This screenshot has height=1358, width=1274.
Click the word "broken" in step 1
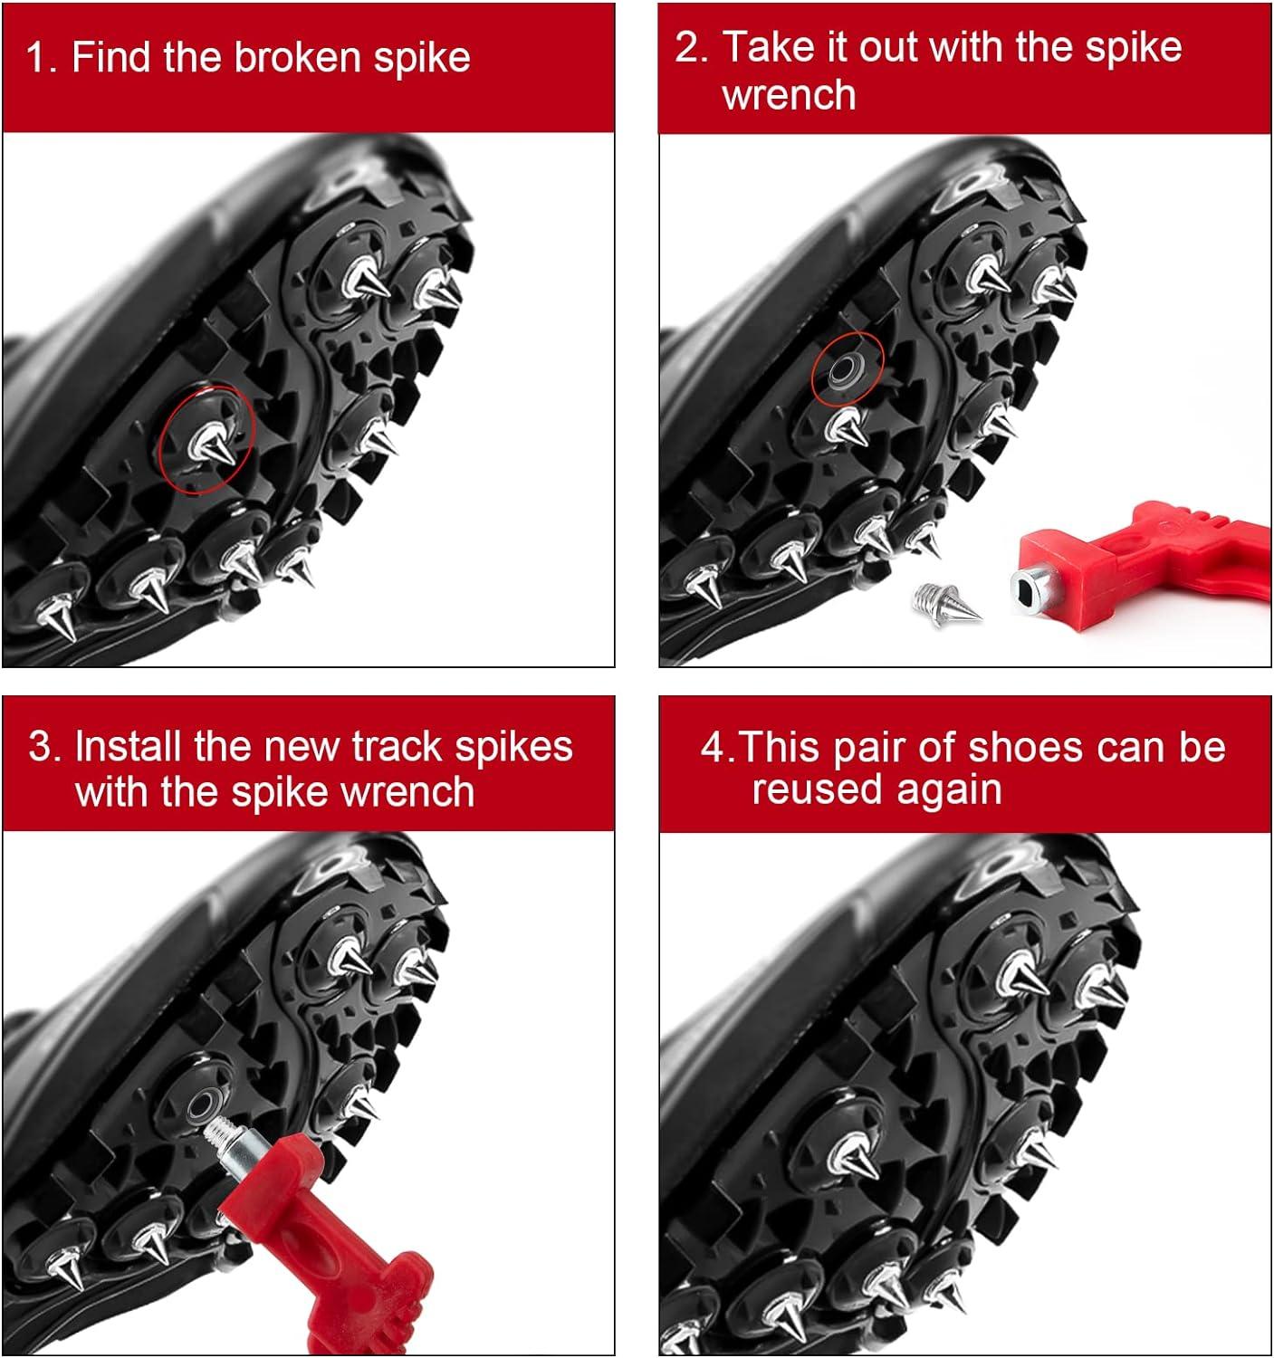(298, 57)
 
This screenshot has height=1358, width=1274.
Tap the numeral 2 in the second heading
(685, 48)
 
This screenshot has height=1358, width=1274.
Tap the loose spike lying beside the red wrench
(946, 602)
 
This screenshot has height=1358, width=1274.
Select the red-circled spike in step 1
(212, 444)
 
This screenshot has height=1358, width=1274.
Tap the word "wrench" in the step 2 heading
(789, 94)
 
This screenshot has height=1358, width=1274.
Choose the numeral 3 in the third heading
(40, 746)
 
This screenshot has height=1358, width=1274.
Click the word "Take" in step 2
(766, 48)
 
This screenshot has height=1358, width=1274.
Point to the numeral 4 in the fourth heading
(713, 748)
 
